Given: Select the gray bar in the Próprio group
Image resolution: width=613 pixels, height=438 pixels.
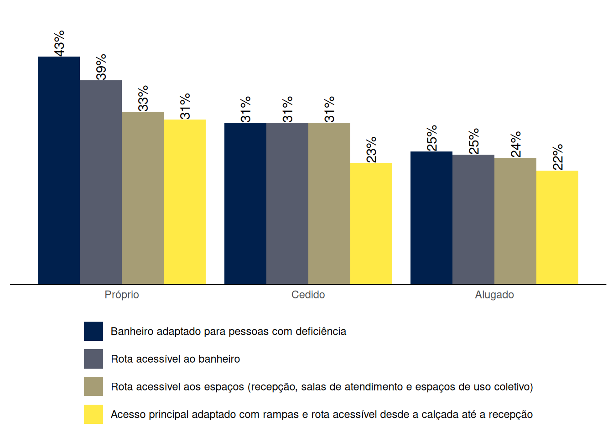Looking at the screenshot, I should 101,182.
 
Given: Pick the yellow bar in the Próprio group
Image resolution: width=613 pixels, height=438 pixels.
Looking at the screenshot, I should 185,202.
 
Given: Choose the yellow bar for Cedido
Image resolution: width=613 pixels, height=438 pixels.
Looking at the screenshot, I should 371,223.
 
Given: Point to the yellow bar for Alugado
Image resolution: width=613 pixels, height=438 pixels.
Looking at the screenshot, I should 557,227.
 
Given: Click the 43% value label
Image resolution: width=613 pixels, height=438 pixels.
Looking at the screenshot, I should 59,43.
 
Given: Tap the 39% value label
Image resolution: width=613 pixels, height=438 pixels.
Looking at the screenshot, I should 101,67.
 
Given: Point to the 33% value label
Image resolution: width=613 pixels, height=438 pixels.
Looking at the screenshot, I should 143,98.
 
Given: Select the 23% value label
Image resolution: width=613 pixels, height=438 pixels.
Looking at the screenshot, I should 371,149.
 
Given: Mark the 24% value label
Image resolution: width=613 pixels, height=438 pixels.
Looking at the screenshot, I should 516,144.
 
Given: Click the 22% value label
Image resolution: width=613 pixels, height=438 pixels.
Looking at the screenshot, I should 558,157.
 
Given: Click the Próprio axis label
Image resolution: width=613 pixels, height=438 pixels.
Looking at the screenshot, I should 122,295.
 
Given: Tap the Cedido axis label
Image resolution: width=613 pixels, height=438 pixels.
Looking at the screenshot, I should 308,295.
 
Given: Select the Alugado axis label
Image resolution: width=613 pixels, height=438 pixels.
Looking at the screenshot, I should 494,295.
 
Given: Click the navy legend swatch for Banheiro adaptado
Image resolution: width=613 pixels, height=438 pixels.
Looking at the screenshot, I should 94,331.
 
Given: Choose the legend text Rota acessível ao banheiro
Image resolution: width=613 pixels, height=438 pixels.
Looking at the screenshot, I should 175,359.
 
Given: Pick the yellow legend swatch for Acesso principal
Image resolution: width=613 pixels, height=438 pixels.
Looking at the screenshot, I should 94,414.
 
